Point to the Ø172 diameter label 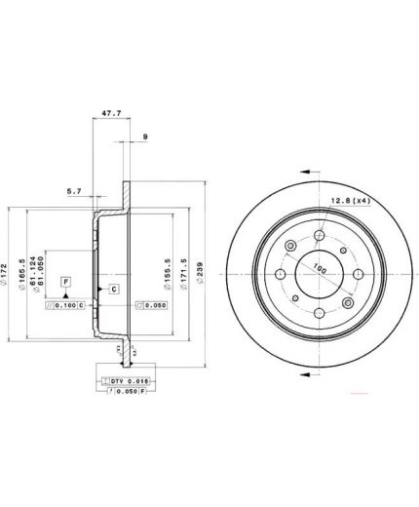point(11,264)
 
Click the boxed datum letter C point(113,291)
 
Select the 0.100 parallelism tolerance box point(66,305)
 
